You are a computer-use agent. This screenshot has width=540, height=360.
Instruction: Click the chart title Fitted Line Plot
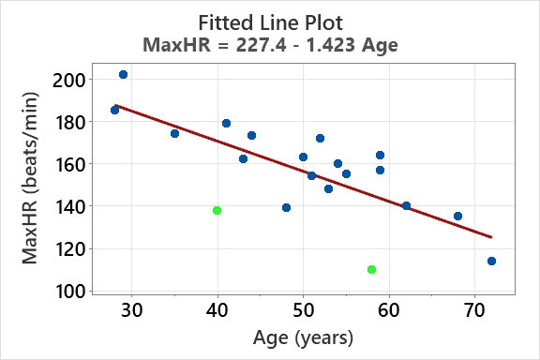[270, 21]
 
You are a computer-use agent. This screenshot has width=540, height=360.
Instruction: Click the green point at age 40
[217, 210]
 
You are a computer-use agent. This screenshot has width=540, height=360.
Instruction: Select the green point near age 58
[371, 269]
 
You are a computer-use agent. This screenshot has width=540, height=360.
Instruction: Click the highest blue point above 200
[124, 74]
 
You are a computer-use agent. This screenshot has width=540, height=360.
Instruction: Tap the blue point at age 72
[491, 261]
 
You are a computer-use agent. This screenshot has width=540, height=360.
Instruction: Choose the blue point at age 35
[174, 133]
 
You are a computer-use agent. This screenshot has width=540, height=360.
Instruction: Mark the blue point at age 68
[457, 216]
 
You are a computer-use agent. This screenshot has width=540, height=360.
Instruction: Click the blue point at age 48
[286, 207]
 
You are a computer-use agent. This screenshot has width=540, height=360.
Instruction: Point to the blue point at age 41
[226, 123]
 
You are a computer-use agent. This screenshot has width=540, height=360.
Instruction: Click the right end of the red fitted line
[490, 237]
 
